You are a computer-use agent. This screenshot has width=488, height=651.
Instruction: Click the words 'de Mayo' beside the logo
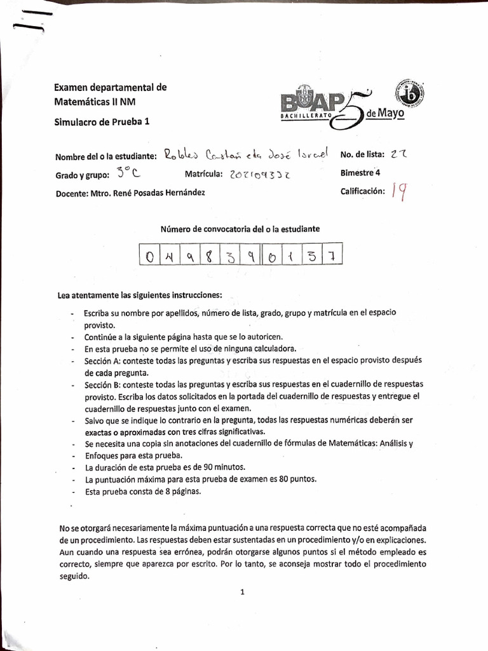384,114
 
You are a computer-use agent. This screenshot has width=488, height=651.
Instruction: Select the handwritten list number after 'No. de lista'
399,154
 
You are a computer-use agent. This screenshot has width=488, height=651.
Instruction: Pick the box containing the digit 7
333,257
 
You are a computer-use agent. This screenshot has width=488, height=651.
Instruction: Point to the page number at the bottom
242,592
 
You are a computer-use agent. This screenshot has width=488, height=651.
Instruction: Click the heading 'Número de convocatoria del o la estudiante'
240,228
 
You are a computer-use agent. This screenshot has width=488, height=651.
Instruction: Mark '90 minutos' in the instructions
208,468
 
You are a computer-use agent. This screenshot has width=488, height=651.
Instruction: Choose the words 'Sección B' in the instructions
102,385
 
